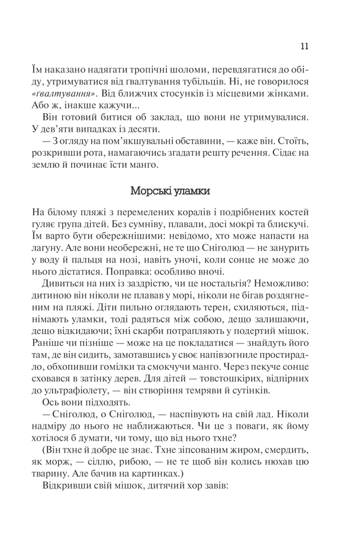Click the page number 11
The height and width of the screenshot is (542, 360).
(x=304, y=46)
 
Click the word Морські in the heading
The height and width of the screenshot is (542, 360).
(x=151, y=191)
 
